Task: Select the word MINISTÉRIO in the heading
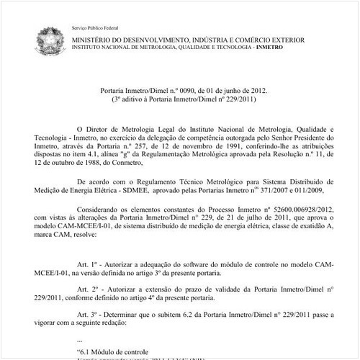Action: click(x=93, y=37)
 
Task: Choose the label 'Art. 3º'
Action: click(x=87, y=316)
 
